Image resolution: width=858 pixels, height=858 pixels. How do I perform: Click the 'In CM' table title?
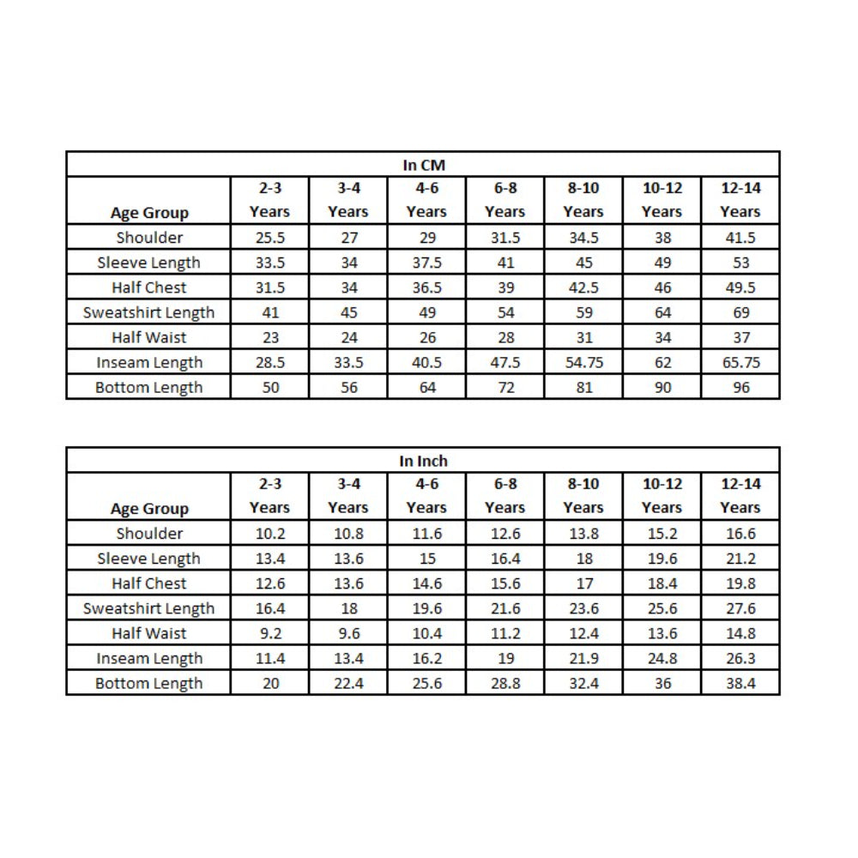tap(424, 165)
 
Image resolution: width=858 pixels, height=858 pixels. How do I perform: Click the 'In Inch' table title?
tap(424, 461)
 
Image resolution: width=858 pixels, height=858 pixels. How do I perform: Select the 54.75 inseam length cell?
tap(583, 363)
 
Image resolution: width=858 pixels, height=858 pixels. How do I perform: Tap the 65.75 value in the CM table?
tap(740, 363)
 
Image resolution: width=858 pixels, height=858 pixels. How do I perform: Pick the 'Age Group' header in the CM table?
tap(149, 213)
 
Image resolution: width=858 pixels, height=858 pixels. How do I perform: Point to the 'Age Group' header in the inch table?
tap(149, 509)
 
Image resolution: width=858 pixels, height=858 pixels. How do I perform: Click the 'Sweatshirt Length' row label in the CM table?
tap(149, 312)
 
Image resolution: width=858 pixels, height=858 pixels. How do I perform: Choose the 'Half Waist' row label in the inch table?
tap(149, 633)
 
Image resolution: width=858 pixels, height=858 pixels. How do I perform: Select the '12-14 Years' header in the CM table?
tap(740, 200)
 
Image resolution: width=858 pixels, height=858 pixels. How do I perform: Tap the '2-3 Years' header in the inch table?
tap(269, 496)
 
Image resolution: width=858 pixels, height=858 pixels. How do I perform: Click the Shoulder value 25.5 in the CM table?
tap(269, 238)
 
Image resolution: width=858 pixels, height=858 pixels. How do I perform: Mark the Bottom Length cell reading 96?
tap(740, 388)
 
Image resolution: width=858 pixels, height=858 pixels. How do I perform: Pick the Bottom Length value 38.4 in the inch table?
tap(740, 684)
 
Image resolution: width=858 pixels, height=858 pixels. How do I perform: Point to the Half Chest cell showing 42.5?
tap(583, 287)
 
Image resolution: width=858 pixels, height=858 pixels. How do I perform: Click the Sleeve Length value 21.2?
tap(740, 559)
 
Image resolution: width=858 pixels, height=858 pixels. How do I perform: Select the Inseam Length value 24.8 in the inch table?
tap(662, 659)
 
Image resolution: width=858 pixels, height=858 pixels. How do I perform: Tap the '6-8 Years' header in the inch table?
tap(505, 496)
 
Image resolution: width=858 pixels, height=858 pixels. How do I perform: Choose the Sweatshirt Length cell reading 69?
tap(740, 312)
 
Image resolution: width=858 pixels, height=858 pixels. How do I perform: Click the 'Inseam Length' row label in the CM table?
tap(149, 363)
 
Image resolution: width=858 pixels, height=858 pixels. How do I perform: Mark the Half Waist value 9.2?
tap(269, 633)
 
